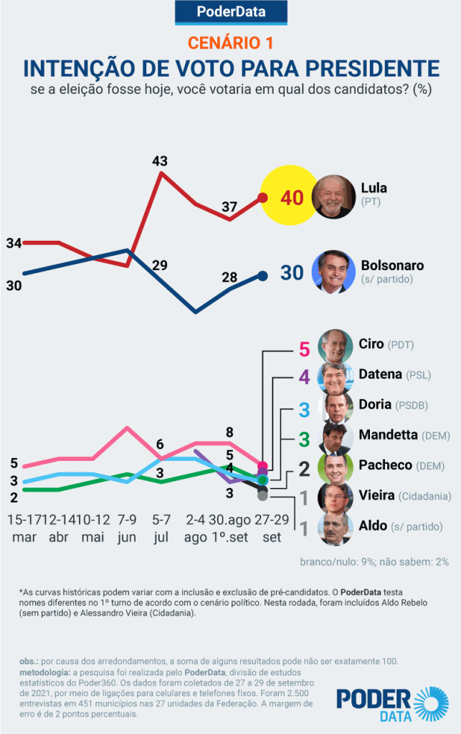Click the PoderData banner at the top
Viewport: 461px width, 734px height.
(230, 12)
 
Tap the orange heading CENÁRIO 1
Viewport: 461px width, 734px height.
(230, 43)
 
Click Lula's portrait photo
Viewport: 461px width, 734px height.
(335, 196)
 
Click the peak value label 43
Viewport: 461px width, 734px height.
(159, 161)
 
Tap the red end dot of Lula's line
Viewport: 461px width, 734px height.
(263, 198)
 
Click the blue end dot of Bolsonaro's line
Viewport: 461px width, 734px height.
(262, 275)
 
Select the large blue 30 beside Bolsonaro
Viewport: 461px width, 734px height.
(292, 273)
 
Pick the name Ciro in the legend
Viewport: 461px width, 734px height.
(371, 344)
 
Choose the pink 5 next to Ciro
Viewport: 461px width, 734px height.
(304, 351)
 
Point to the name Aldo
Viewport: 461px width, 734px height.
(373, 525)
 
